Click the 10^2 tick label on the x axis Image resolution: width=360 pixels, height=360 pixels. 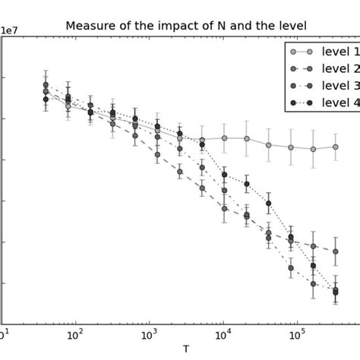tap(74, 334)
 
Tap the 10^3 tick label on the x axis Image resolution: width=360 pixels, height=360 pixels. tap(149, 334)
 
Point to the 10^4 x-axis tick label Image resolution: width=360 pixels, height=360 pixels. tap(223, 334)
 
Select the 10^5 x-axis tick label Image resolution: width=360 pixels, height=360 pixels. tap(297, 334)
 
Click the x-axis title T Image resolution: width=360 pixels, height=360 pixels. tap(186, 349)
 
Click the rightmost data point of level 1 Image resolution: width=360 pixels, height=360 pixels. tap(336, 147)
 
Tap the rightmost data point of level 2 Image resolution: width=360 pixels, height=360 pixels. tap(336, 251)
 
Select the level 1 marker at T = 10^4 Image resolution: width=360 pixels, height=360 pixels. tap(225, 138)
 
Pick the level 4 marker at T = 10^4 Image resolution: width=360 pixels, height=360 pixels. tap(225, 175)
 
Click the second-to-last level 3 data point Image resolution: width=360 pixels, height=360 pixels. tap(313, 284)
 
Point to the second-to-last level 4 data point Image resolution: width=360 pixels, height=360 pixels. tap(313, 266)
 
